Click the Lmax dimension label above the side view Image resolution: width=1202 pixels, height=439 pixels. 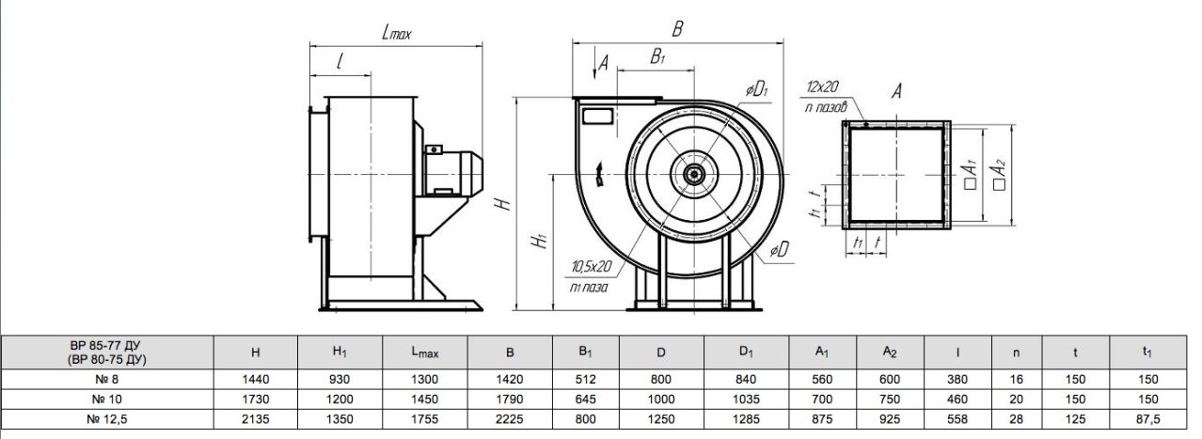click(396, 33)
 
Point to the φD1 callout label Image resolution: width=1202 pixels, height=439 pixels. click(756, 89)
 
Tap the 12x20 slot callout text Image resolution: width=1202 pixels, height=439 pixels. click(822, 86)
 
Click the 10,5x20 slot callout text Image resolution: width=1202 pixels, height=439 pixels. click(592, 266)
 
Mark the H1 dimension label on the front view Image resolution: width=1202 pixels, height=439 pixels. click(539, 240)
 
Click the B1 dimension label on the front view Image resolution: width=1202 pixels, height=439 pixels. click(657, 56)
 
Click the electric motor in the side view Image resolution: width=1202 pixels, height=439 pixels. click(453, 170)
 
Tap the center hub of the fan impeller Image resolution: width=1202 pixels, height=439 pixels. click(694, 174)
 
